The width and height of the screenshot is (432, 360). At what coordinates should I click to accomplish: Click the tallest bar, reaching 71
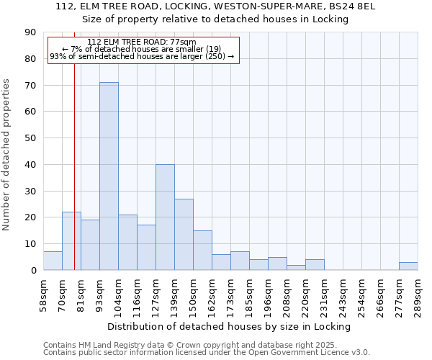point(109,176)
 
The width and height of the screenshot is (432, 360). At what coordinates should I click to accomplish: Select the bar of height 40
point(165,217)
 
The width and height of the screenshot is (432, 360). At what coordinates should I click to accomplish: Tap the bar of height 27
point(184,235)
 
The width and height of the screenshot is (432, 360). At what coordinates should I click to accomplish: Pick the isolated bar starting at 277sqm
point(408,266)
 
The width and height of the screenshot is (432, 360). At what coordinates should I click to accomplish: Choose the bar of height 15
point(202,251)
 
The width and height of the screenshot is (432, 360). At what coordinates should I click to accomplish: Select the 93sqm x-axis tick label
point(99,294)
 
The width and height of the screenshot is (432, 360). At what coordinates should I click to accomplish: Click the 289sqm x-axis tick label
point(418,294)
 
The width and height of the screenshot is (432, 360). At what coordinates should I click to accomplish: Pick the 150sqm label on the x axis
point(193,294)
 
